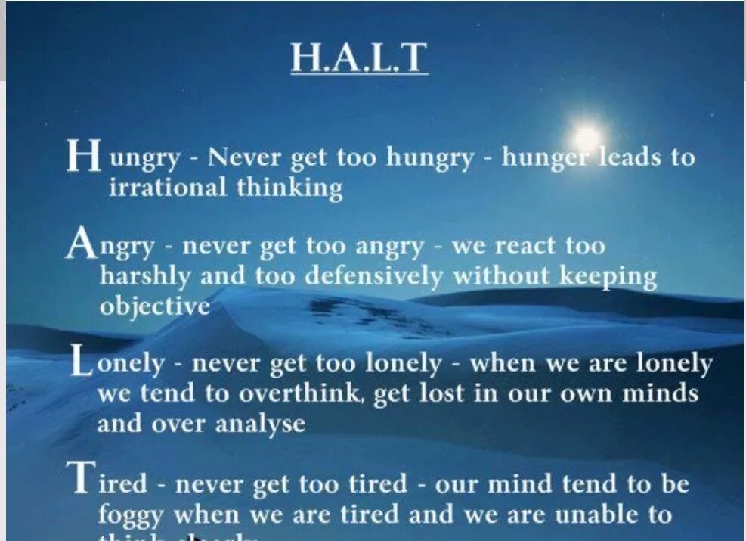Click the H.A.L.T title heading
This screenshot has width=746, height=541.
pyautogui.click(x=359, y=58)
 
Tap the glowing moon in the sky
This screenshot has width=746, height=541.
pyautogui.click(x=587, y=138)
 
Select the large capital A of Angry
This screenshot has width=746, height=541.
pyautogui.click(x=81, y=244)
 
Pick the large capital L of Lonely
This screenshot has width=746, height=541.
pyautogui.click(x=82, y=361)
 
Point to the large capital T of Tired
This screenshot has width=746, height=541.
pyautogui.click(x=81, y=479)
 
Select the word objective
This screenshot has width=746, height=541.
pyautogui.click(x=154, y=306)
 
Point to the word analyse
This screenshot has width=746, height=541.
pyautogui.click(x=260, y=424)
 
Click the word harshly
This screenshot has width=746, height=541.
pyautogui.click(x=146, y=275)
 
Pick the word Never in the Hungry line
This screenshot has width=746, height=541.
pyautogui.click(x=243, y=157)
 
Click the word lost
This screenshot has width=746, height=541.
pyautogui.click(x=433, y=394)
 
